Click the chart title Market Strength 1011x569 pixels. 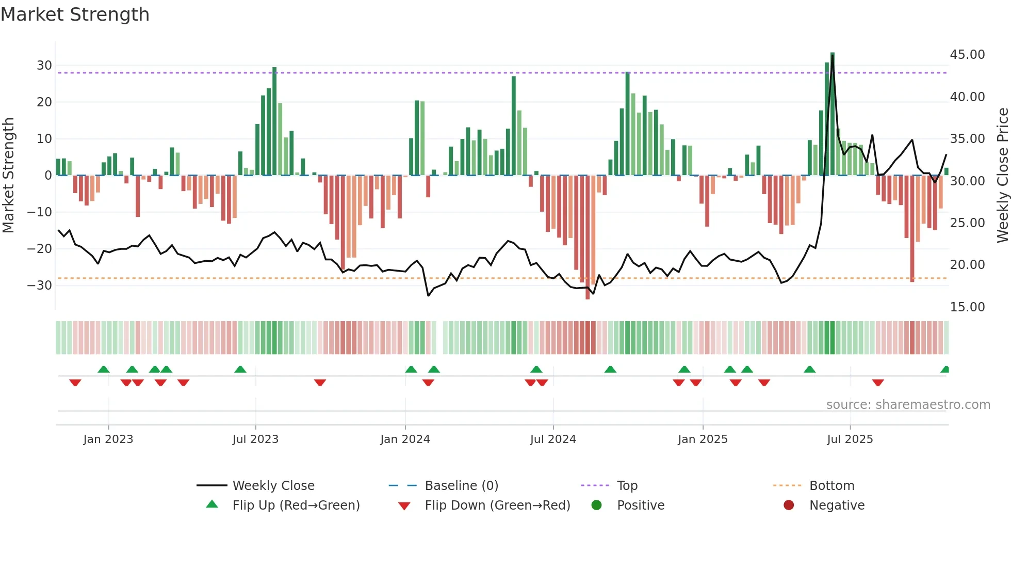[x=75, y=14]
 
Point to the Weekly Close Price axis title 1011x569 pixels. [x=1002, y=175]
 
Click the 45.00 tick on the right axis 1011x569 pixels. [x=967, y=55]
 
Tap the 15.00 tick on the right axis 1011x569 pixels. [x=967, y=307]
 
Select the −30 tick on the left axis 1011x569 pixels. [x=39, y=286]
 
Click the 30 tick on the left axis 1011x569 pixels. [x=44, y=66]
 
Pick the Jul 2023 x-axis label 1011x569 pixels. [x=255, y=439]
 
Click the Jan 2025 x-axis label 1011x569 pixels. [x=703, y=439]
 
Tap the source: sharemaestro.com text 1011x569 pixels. [x=908, y=405]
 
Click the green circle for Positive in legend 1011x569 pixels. [x=597, y=505]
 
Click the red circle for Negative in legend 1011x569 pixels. [x=789, y=505]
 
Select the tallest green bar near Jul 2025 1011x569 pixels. [x=833, y=114]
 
